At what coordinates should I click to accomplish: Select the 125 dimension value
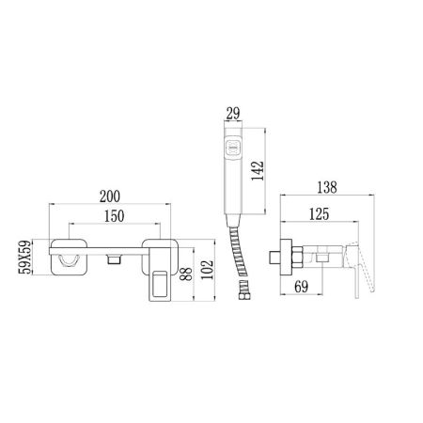coord(318,216)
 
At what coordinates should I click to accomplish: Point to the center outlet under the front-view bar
coord(115,258)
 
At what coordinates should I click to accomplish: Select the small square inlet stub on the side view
coord(274,256)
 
